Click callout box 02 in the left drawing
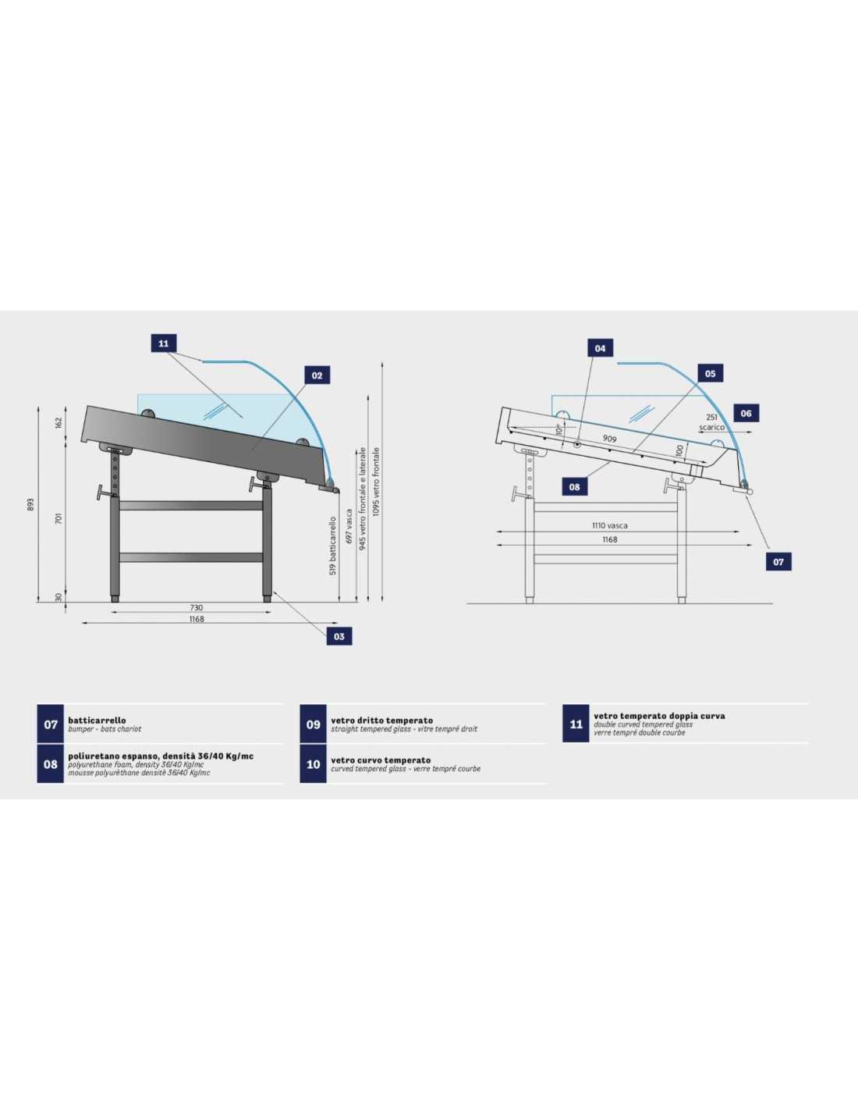click(x=317, y=375)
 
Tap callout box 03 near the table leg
click(x=339, y=636)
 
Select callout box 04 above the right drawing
click(x=600, y=348)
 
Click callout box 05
click(x=710, y=374)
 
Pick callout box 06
click(x=746, y=413)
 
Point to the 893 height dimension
click(x=30, y=505)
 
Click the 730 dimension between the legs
click(x=196, y=608)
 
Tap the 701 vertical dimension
click(x=58, y=520)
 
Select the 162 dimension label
click(x=58, y=422)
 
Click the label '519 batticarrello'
click(x=333, y=546)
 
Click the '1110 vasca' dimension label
click(x=610, y=525)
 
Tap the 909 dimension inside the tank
click(x=609, y=438)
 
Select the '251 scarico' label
click(x=711, y=423)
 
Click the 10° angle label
click(x=559, y=429)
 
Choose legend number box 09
click(x=313, y=724)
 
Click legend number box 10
click(x=313, y=764)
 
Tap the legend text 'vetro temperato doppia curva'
click(x=659, y=716)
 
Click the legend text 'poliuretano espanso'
click(x=114, y=756)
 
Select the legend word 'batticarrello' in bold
click(x=97, y=720)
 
